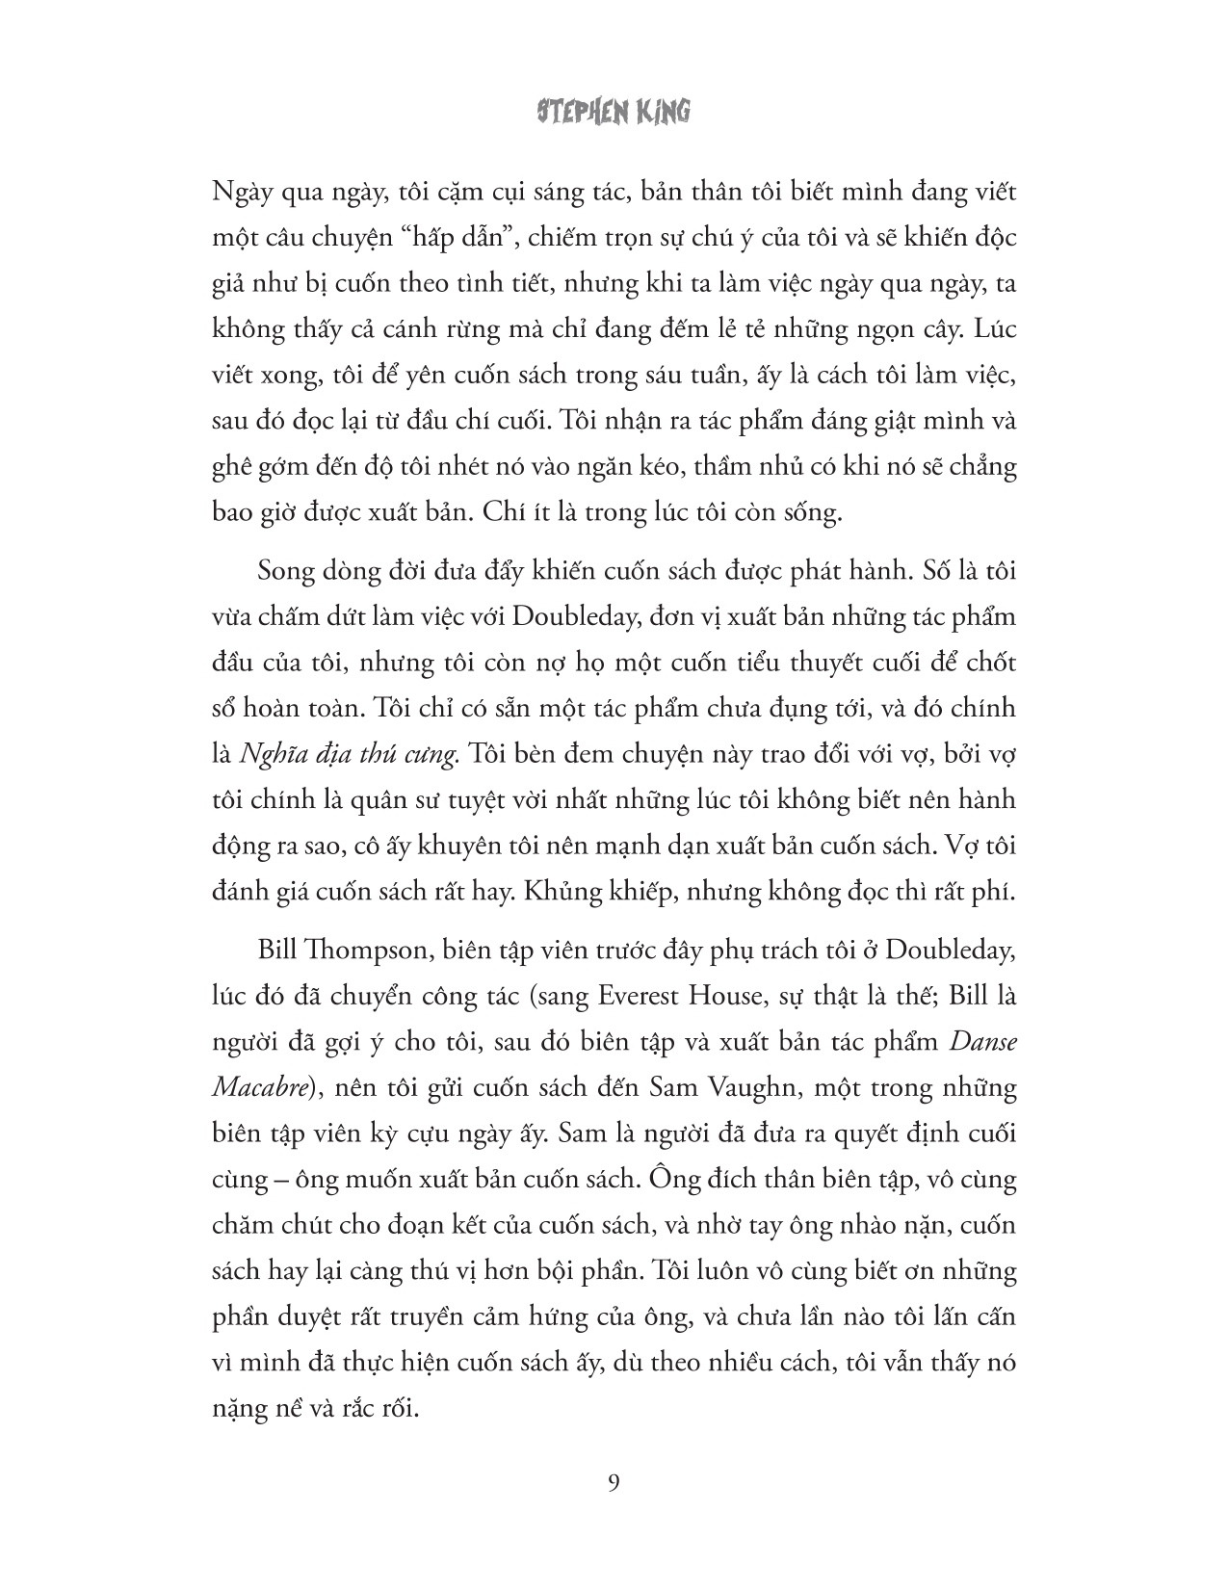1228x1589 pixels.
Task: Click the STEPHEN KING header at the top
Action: (x=614, y=113)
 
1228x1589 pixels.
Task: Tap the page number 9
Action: (x=614, y=1482)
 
